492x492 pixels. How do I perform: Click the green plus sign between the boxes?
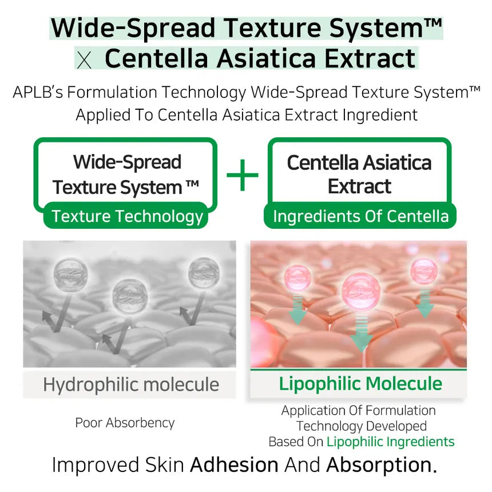pos(243,175)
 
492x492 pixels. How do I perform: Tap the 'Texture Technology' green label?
pos(127,216)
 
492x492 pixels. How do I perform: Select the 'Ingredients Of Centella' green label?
pos(360,216)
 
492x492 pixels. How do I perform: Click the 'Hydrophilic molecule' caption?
pos(131,384)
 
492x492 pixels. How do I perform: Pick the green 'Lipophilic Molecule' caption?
pos(360,383)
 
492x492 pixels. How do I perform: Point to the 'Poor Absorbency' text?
pos(125,423)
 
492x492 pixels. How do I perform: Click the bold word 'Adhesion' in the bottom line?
pos(234,465)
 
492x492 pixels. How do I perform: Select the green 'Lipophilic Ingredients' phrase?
pos(391,442)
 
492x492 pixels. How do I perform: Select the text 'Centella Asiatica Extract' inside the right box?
pos(359,174)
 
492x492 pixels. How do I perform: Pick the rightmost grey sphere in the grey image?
pos(203,271)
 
